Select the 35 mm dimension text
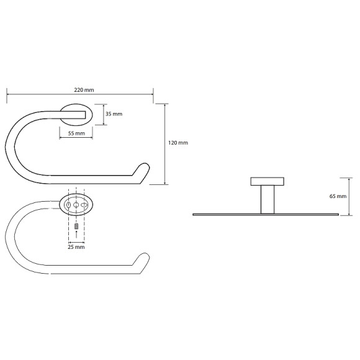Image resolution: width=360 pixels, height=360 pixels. [114, 114]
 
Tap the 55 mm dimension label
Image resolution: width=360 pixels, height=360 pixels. [76, 133]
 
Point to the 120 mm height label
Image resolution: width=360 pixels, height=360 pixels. [178, 143]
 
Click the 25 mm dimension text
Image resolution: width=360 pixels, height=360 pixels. [76, 246]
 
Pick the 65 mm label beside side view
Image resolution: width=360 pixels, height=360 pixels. [338, 196]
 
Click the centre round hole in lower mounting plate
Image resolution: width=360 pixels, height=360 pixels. [76, 204]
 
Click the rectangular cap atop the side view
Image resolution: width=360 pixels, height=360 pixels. [268, 182]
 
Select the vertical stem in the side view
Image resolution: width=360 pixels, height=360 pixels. [268, 199]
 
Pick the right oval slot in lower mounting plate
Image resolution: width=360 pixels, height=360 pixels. [85, 204]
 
